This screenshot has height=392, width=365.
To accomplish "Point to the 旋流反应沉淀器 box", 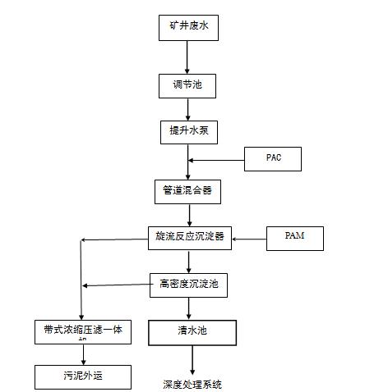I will tap(189, 238).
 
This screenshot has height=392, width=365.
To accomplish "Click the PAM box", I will tap(295, 238).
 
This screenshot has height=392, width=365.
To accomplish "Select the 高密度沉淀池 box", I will tap(188, 285).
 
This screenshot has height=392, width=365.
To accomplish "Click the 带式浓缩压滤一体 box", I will tap(82, 331).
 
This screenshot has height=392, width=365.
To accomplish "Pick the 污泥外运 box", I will tap(82, 376).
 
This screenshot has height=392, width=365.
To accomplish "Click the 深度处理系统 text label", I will tap(192, 384).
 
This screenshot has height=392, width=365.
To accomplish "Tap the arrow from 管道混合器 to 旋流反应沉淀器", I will tap(188, 215).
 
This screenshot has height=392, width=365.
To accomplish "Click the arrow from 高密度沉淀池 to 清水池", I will tap(190, 308).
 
